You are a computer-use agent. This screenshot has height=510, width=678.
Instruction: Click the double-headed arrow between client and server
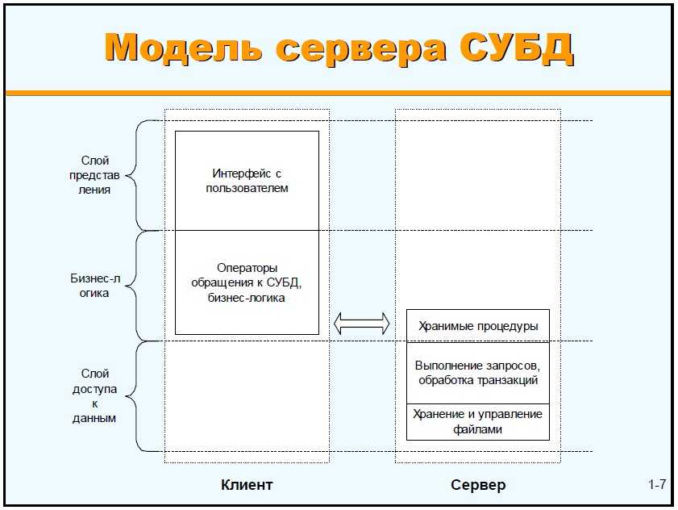362,324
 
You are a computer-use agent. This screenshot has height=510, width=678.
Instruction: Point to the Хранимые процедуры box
477,326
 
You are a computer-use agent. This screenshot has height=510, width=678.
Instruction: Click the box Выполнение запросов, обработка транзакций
477,374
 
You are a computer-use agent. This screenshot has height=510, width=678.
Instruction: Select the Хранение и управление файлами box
477,421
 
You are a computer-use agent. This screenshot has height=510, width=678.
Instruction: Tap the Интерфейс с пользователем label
247,181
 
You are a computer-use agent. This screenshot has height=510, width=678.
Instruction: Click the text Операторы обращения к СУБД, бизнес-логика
247,283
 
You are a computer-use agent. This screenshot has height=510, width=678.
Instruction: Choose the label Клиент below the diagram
247,485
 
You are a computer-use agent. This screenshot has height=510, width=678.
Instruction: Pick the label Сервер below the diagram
478,485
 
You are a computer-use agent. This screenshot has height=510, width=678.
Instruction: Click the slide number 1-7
656,485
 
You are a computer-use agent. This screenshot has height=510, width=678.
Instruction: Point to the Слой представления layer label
95,175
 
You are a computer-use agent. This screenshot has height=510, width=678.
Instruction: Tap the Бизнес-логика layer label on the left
95,286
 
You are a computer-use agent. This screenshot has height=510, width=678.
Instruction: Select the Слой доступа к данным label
95,396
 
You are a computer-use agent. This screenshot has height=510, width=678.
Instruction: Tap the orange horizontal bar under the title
339,93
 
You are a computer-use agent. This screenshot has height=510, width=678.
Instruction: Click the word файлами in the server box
478,429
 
